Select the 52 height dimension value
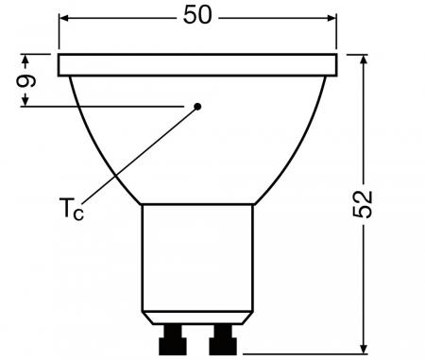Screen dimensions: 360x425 coord(365,204)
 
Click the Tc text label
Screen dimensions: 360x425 coord(72,209)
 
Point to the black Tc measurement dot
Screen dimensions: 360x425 coord(198,107)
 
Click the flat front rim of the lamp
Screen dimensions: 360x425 coord(197,64)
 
